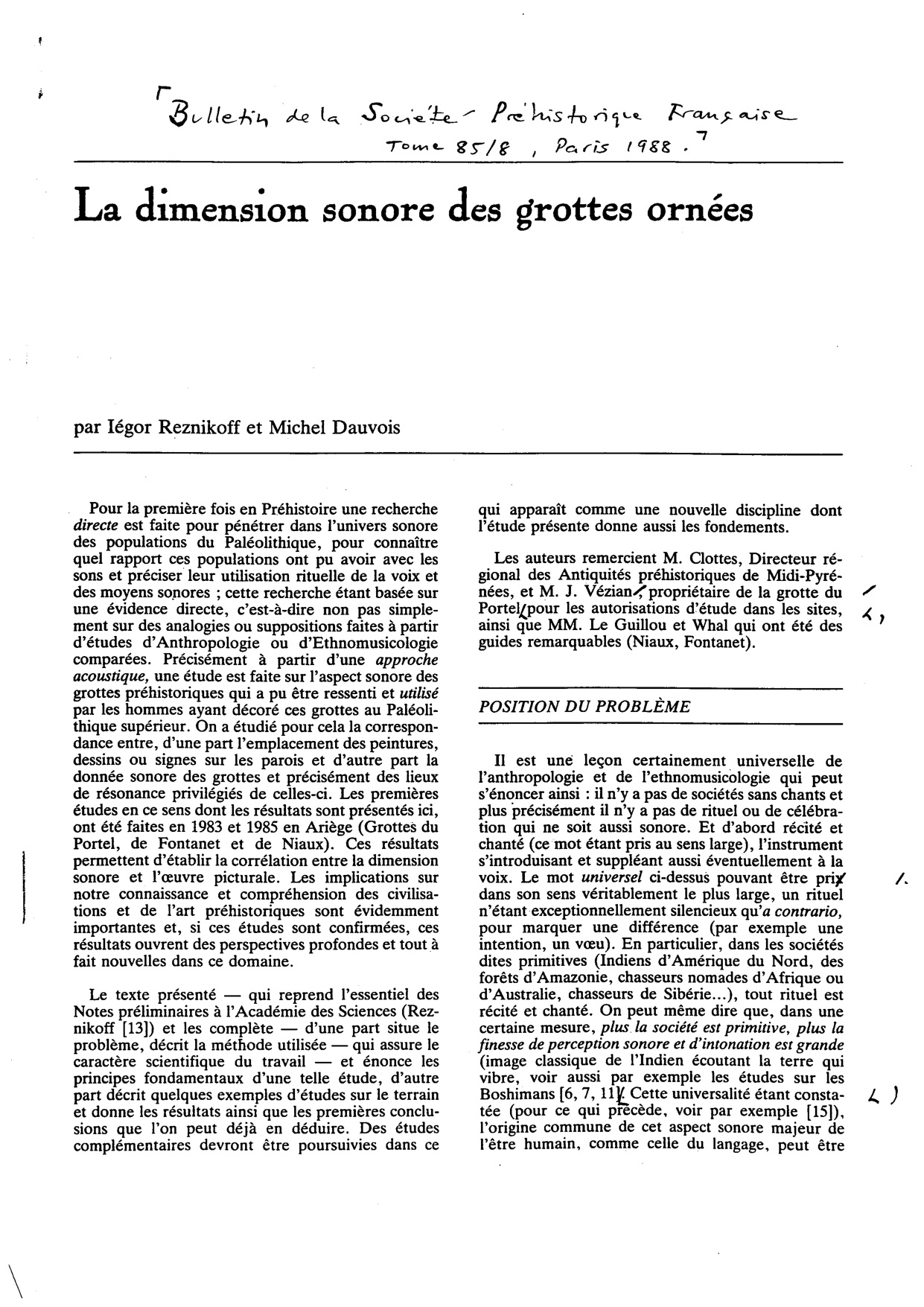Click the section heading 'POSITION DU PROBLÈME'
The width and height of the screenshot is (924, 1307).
[x=583, y=707]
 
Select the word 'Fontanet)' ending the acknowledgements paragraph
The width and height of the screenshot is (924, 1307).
[x=720, y=642]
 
